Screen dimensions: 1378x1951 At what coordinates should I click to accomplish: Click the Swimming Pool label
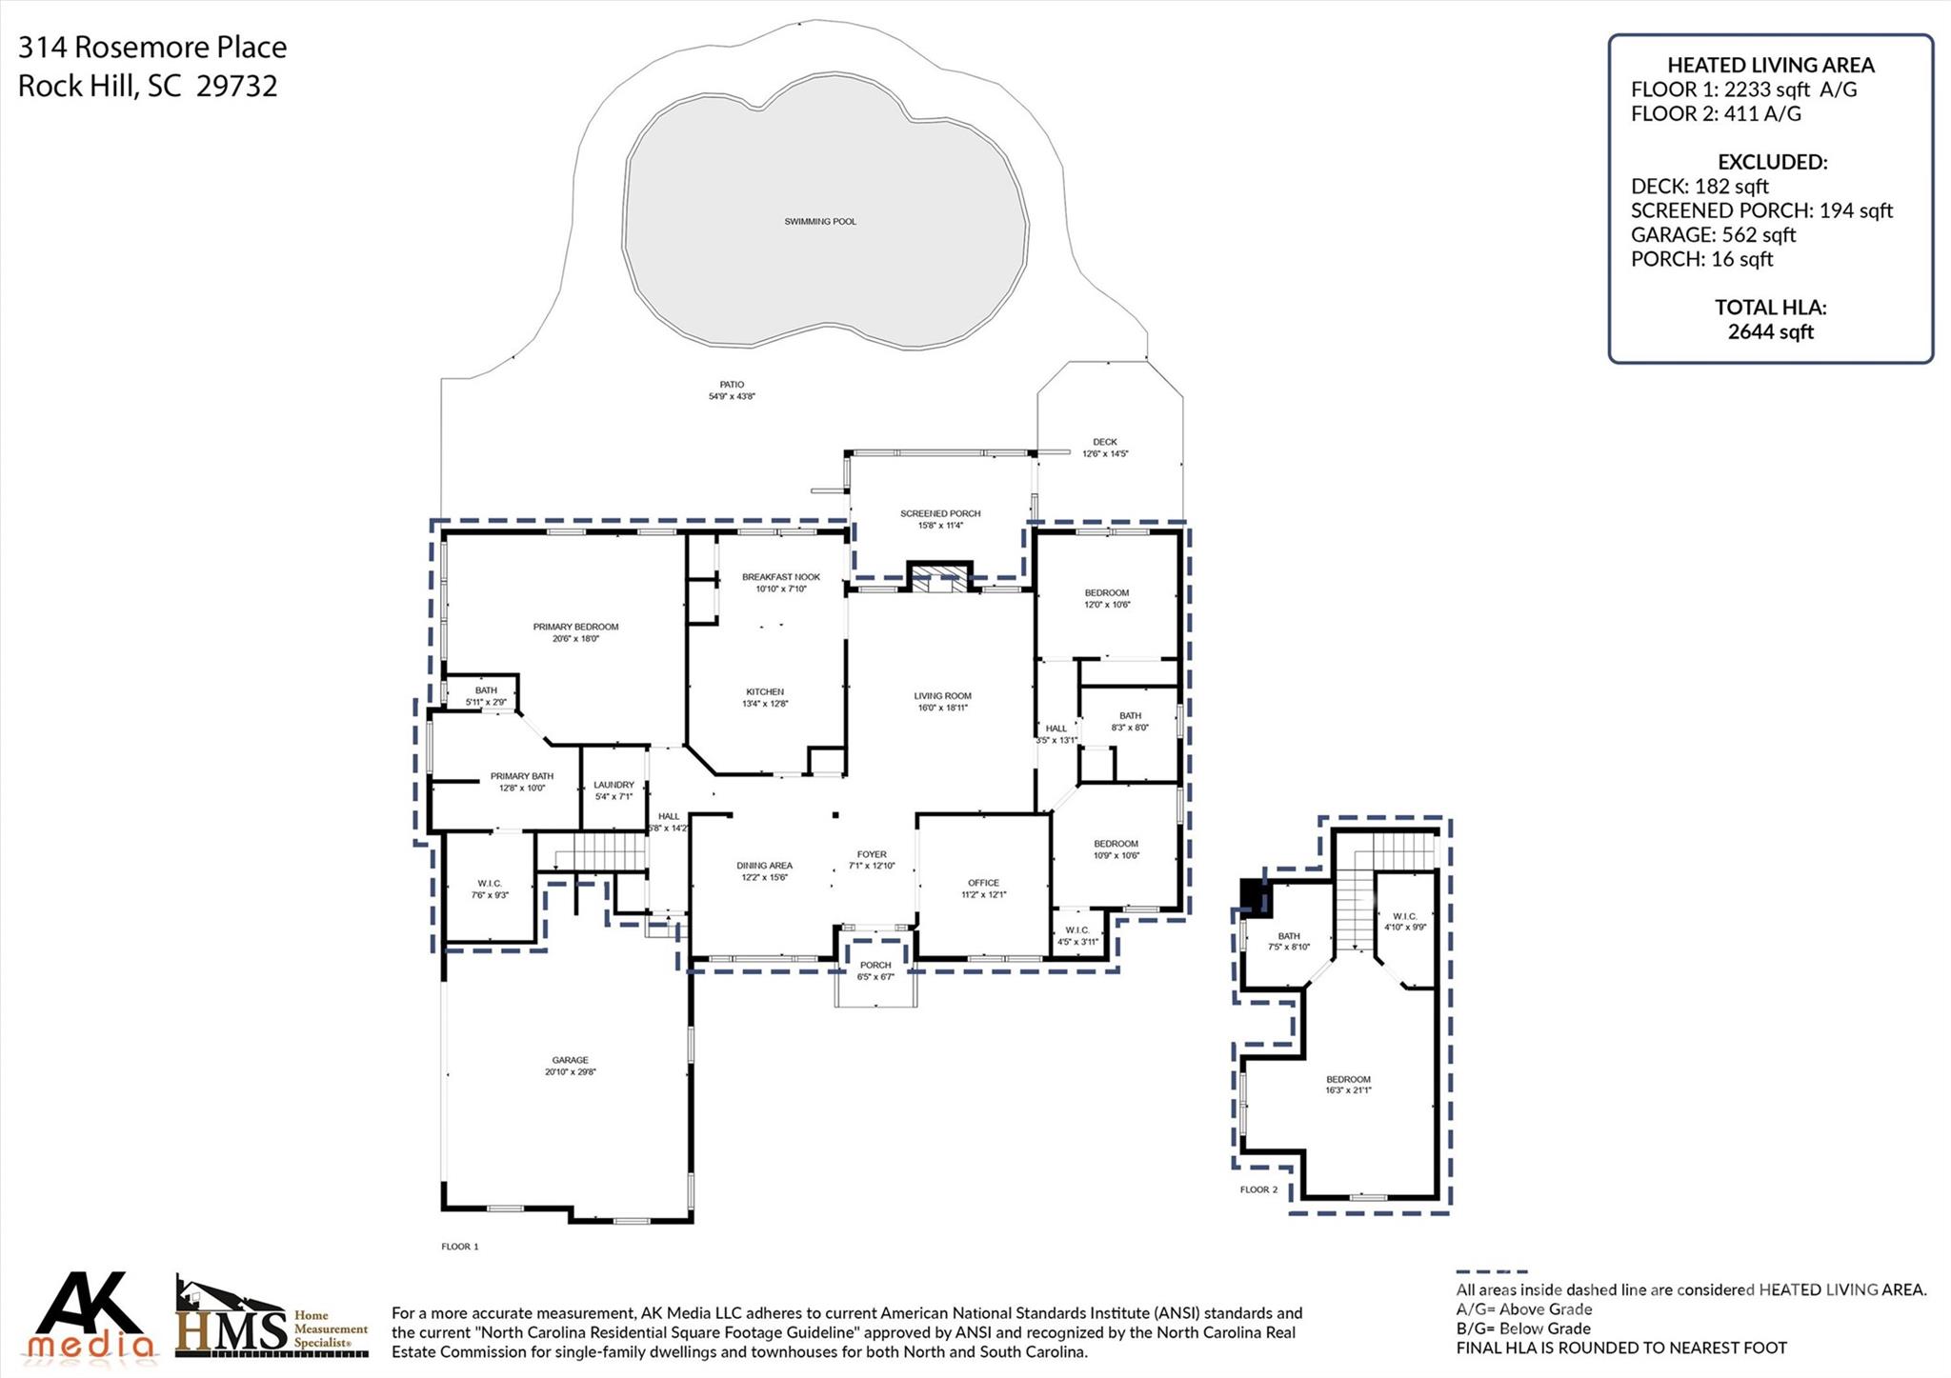[819, 222]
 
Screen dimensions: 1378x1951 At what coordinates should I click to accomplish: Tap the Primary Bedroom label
[575, 627]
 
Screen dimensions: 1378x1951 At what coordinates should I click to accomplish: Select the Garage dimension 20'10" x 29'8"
[570, 1072]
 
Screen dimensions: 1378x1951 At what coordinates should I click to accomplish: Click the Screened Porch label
[939, 513]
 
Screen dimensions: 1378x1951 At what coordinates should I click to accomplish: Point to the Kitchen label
[764, 691]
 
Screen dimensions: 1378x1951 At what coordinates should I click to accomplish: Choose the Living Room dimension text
[943, 708]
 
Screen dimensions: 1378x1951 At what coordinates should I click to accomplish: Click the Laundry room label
[613, 785]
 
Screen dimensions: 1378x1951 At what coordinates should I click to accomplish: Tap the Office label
[983, 883]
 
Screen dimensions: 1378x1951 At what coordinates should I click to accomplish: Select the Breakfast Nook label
[780, 577]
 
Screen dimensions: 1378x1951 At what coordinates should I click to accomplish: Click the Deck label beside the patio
[1104, 442]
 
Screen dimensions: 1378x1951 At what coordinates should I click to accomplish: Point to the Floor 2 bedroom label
[1347, 1079]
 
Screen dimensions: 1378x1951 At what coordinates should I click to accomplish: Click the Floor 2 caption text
[1258, 1189]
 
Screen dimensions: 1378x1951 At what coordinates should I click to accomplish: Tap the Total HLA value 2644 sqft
[1770, 331]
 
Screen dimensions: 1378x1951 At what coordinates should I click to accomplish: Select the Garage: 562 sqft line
[1712, 234]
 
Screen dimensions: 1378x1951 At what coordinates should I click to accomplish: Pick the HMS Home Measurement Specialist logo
[272, 1319]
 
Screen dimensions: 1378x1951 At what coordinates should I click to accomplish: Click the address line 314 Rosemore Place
[152, 47]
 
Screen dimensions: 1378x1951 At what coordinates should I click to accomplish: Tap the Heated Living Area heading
[1770, 65]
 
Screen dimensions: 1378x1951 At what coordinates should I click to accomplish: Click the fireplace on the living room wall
[939, 579]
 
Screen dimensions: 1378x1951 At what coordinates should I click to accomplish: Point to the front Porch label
[875, 965]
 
